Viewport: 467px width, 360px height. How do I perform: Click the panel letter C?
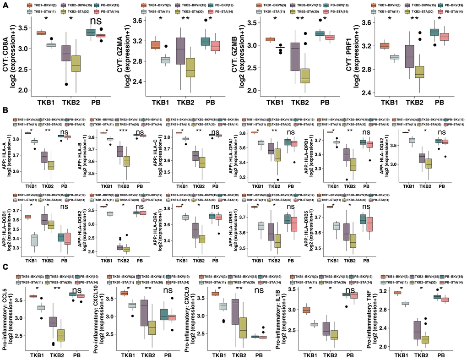tap(5, 266)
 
